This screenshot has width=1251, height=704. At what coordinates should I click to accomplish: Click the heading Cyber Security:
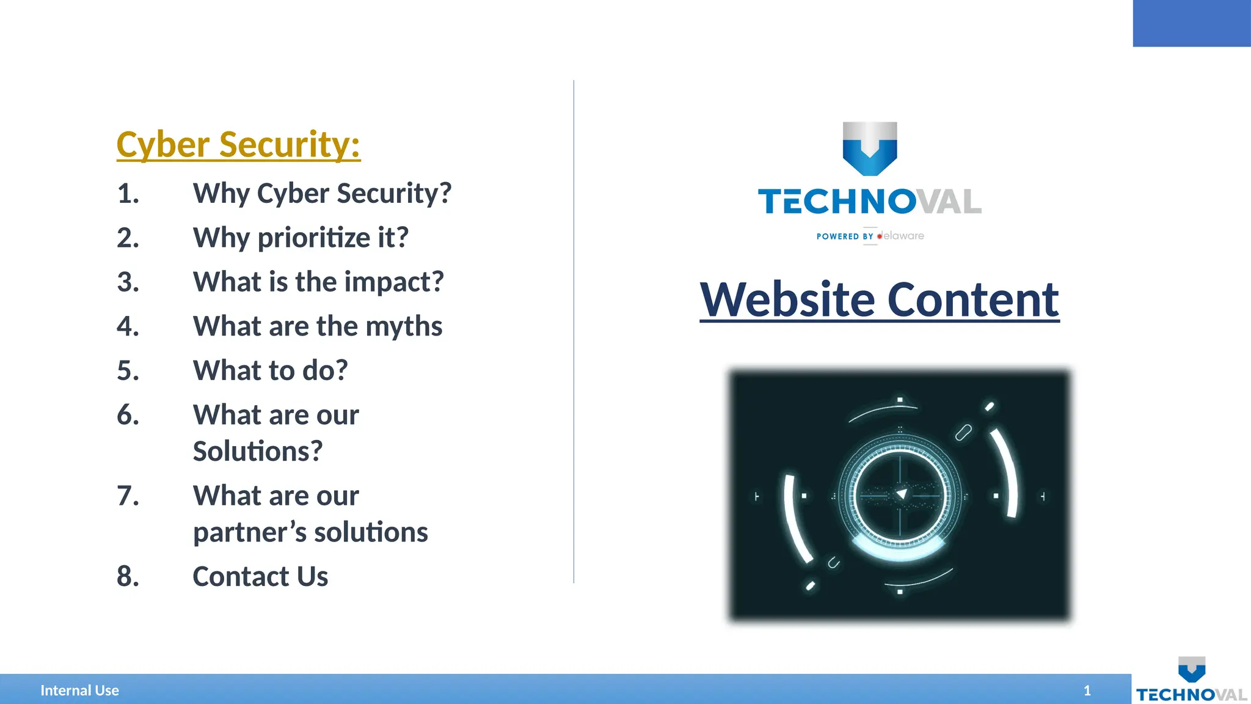[x=238, y=145]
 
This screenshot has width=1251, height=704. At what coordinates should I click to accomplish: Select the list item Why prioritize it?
[x=300, y=238]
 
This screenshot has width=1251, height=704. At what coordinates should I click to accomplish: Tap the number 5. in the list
[x=128, y=371]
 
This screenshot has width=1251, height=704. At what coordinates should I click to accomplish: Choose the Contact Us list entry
[x=260, y=576]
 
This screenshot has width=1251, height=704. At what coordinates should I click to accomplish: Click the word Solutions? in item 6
[x=257, y=452]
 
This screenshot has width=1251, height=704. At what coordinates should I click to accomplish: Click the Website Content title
[x=879, y=299]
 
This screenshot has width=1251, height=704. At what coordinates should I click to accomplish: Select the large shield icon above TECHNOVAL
[x=870, y=148]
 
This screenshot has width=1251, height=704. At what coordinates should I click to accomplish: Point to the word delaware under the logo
[x=903, y=236]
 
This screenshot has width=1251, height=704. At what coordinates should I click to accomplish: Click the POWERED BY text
[x=845, y=237]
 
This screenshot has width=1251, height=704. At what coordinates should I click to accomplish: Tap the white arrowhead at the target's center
[x=902, y=494]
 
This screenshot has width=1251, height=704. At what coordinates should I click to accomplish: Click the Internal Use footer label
[x=79, y=691]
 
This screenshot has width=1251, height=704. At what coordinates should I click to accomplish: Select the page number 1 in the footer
[x=1087, y=691]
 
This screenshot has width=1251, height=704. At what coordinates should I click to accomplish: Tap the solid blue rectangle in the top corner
[x=1191, y=23]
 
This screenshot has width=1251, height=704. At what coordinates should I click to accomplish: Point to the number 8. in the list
[x=128, y=576]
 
